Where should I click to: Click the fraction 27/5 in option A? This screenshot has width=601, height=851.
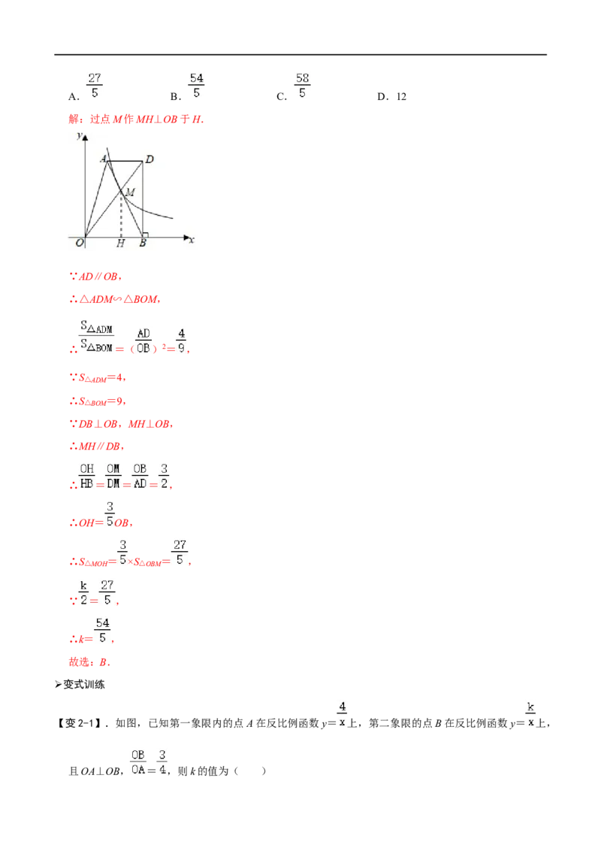coord(95,86)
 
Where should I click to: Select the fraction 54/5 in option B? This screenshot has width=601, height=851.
coord(196,86)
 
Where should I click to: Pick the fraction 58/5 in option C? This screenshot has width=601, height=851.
coord(302,86)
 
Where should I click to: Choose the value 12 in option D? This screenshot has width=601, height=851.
coord(401,97)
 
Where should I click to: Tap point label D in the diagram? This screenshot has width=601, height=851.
coord(149,159)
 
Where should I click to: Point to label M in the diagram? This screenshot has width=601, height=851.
coord(130,192)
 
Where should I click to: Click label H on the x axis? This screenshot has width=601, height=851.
coord(120,243)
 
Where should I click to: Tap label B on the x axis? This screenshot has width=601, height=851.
coord(143,243)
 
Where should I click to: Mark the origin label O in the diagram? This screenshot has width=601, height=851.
coord(80,243)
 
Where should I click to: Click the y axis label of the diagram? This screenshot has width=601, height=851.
coord(79,135)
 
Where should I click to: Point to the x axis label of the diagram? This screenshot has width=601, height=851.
coord(192,240)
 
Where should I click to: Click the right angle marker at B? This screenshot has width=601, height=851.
coord(145,235)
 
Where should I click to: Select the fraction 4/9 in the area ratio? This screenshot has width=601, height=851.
coord(181,341)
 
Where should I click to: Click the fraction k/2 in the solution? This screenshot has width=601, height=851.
coord(83,592)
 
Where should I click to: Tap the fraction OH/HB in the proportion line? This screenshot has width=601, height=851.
coord(87,476)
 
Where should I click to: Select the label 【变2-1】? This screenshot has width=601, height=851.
coord(79,723)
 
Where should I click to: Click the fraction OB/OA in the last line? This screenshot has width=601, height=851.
coord(137,762)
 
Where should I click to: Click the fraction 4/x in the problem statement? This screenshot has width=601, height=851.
coord(343,714)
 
